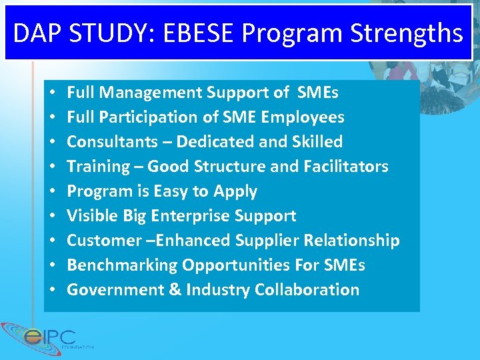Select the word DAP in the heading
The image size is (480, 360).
[35, 33]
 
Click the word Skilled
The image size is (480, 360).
[317, 142]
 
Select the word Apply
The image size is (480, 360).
[235, 191]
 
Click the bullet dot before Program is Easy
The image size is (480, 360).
[52, 191]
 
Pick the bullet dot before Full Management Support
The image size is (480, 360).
[52, 93]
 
